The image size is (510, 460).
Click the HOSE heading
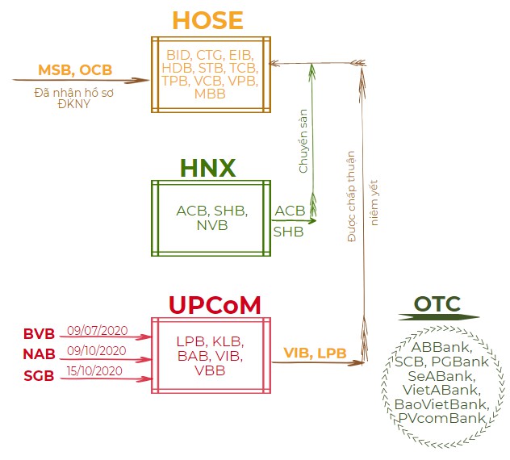point(208,21)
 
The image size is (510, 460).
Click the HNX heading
point(207,167)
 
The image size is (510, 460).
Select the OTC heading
point(437,304)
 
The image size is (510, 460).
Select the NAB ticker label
point(39,353)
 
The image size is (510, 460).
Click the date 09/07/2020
point(96,330)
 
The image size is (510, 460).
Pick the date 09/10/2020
point(96,350)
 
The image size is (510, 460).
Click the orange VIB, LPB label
point(315,353)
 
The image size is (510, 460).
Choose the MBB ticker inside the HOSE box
point(211,94)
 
